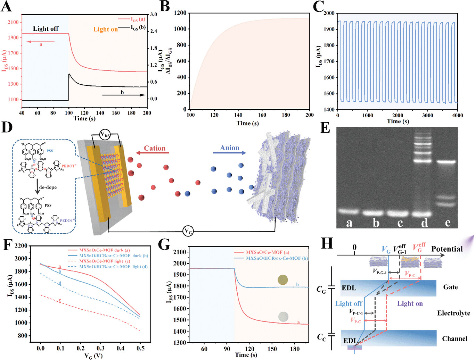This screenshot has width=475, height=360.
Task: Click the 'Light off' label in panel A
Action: click(46, 29)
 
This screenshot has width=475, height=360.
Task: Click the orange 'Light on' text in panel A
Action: click(105, 30)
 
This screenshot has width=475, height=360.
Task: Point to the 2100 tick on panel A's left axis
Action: click(13, 22)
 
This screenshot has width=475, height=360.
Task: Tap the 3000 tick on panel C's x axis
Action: click(427, 115)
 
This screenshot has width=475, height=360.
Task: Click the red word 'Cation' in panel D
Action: click(155, 148)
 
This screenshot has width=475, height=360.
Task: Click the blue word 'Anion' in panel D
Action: click(230, 148)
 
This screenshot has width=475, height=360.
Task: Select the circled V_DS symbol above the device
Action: click(105, 135)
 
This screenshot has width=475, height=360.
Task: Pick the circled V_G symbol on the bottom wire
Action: click(188, 231)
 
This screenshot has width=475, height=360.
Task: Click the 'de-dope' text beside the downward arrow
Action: click(48, 187)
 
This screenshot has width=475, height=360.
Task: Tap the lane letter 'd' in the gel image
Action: click(424, 223)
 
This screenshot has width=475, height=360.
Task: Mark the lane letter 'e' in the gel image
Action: click(448, 223)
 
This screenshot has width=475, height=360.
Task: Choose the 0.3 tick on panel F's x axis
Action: click(100, 348)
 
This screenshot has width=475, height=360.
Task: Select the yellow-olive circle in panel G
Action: click(283, 280)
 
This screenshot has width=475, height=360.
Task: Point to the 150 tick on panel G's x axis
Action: click(272, 349)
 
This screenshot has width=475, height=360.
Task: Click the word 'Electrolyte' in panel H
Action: click(453, 313)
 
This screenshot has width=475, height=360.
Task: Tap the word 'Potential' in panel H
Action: click(447, 249)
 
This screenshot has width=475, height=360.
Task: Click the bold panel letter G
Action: click(164, 245)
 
